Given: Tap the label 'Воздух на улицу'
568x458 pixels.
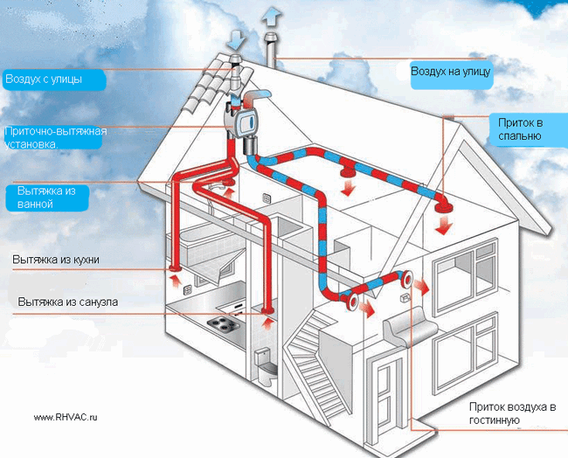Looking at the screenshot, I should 451,71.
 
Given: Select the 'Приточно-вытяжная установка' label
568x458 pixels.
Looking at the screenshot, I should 55,138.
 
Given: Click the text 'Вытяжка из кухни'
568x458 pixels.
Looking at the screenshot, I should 56,260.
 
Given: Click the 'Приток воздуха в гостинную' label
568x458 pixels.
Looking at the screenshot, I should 512,413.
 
